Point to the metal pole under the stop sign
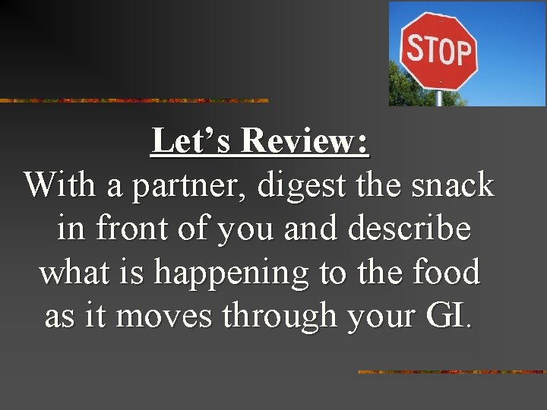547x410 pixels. (x=438, y=98)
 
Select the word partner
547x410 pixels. (x=191, y=185)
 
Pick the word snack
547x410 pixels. (x=455, y=185)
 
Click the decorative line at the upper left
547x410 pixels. (x=134, y=100)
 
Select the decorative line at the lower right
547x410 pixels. (x=451, y=372)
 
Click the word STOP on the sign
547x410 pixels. (x=438, y=50)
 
